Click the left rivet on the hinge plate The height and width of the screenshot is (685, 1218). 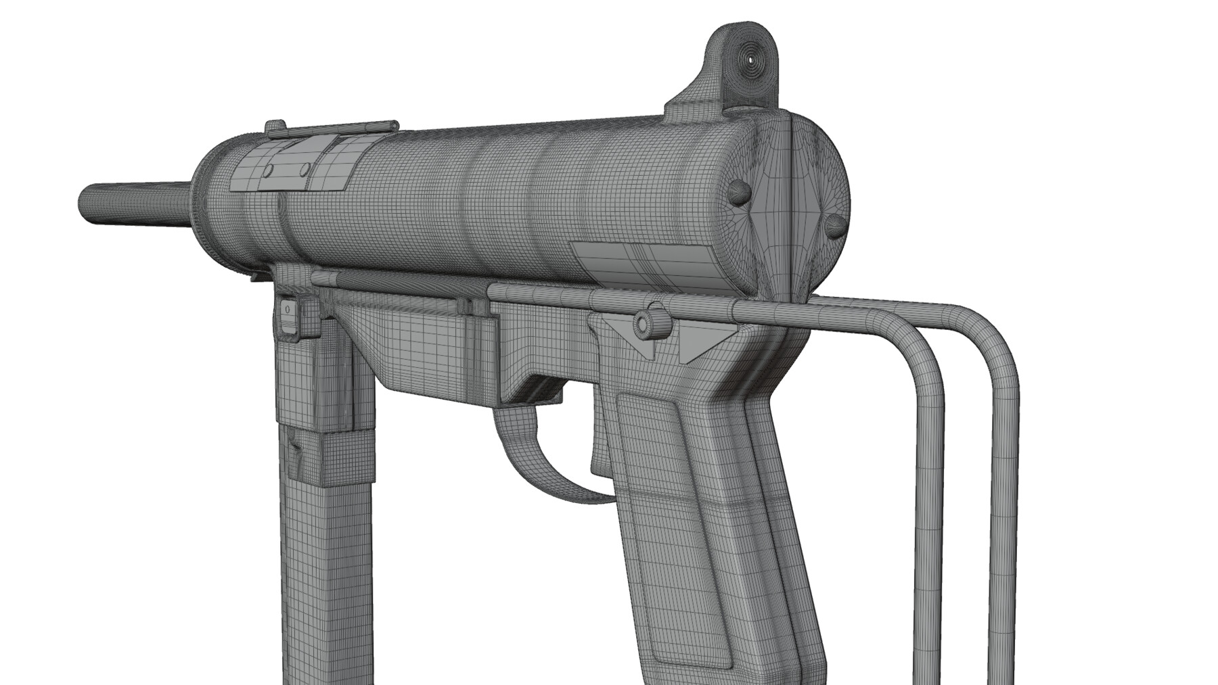pos(269,169)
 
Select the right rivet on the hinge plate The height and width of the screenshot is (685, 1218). pos(305,168)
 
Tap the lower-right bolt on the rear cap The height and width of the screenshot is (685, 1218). pos(836,225)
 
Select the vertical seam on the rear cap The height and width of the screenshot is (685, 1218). pos(790,203)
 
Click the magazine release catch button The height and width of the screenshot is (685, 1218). pos(289,312)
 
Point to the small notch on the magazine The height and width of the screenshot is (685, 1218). pos(296,453)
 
